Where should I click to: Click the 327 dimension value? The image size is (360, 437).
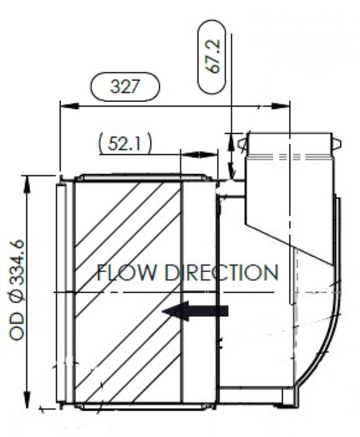(125, 87)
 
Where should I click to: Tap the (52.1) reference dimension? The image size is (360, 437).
(125, 143)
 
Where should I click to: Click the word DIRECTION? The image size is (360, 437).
(221, 273)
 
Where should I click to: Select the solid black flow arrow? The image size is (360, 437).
(195, 311)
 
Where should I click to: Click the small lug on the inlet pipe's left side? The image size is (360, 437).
(242, 142)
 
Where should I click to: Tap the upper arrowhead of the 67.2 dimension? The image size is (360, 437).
(231, 139)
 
